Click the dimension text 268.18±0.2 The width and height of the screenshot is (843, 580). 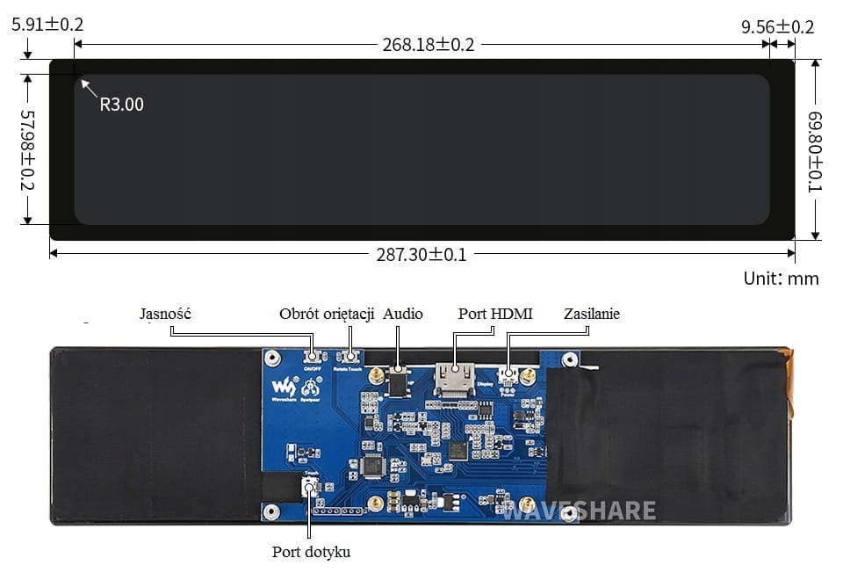[x=429, y=44]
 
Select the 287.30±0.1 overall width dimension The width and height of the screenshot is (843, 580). [x=421, y=255]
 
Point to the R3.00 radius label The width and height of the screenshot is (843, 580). [x=121, y=105]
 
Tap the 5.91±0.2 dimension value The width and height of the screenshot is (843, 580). [x=47, y=25]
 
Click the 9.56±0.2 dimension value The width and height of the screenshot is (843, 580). [x=777, y=27]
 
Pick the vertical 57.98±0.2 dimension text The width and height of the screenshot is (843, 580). [x=27, y=150]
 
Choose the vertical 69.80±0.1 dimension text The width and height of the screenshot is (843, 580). [x=816, y=151]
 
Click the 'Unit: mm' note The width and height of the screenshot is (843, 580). [x=781, y=279]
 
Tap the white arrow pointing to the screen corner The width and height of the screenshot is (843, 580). [x=88, y=87]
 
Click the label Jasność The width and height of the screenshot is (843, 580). [x=165, y=314]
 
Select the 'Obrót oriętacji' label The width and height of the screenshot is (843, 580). [x=327, y=314]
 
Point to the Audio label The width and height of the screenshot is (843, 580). [x=403, y=314]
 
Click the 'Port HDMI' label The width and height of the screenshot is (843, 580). [x=495, y=314]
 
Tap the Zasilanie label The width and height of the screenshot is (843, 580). [x=592, y=314]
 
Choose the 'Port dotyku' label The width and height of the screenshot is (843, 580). [x=311, y=552]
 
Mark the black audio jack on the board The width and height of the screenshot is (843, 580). [x=399, y=382]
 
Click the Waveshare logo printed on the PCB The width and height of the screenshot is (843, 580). [x=285, y=388]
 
